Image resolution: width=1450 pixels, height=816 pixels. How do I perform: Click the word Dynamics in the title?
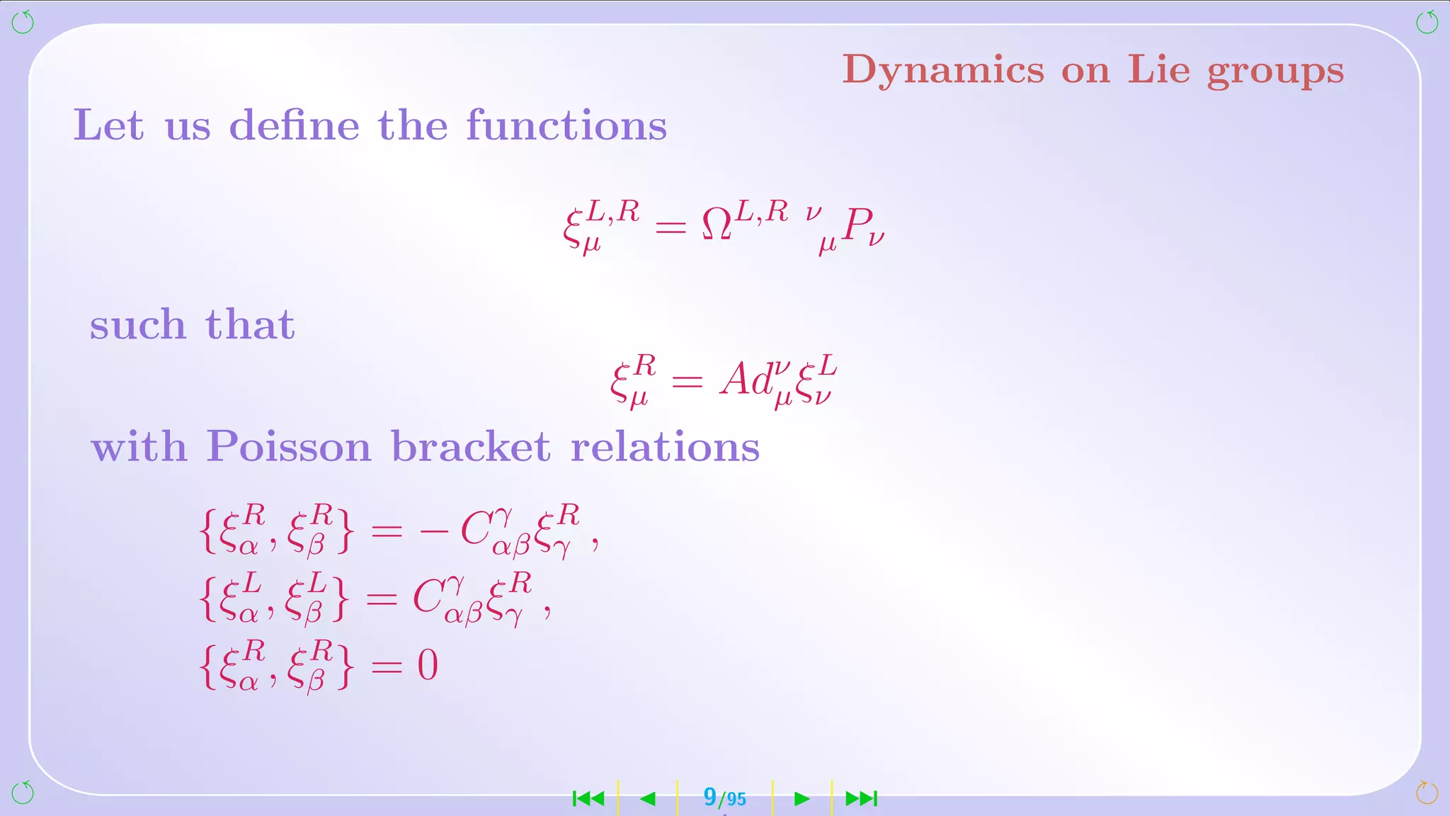coord(942,70)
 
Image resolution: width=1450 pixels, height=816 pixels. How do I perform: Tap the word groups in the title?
coord(1274,72)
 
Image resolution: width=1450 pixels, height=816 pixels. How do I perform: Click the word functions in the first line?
coord(566,126)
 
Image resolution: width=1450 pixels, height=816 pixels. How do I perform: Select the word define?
coord(294,126)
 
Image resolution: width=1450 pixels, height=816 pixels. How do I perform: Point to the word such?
coord(137,325)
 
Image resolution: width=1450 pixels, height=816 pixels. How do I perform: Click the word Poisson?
coord(288,447)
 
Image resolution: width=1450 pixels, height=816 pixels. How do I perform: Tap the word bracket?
coord(470,447)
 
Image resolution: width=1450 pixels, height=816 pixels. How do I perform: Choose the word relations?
coord(665,447)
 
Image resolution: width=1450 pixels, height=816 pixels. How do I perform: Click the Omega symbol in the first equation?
coord(717,225)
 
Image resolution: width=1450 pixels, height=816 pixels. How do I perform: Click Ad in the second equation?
coord(746,380)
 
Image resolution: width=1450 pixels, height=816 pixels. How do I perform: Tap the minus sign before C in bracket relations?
coord(433,531)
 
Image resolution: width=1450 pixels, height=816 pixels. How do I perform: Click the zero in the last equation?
coord(428,665)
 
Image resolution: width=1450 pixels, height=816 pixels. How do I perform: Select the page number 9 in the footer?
coord(709,797)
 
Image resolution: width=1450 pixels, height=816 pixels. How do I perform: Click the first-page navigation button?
coord(588,799)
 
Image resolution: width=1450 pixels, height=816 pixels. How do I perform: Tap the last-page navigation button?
coord(862,799)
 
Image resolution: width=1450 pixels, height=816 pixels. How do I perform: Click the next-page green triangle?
coord(801,799)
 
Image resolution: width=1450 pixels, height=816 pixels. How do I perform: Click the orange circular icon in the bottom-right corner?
coord(1427,792)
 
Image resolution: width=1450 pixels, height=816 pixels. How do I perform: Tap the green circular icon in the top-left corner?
coord(23,22)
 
